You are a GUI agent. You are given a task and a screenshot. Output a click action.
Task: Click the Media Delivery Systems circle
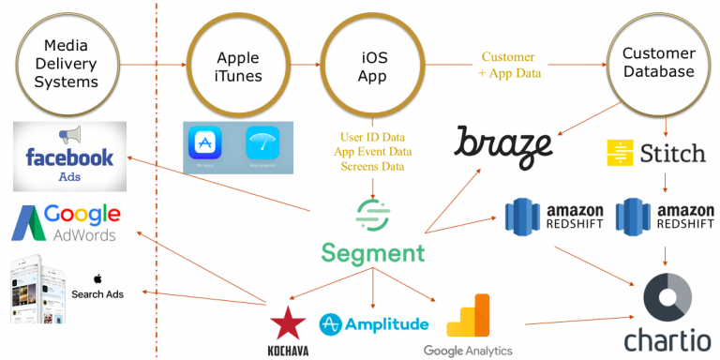click(67, 64)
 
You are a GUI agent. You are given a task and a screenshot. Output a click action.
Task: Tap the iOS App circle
click(372, 64)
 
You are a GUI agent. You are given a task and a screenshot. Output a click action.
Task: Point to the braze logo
click(503, 145)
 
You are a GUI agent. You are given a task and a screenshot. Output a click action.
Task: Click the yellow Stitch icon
click(619, 153)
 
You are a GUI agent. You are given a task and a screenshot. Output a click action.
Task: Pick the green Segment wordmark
click(372, 253)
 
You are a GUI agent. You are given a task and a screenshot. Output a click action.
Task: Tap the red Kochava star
click(288, 324)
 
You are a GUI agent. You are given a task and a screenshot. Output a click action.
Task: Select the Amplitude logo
click(374, 324)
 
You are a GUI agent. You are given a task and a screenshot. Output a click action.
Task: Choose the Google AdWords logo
click(66, 224)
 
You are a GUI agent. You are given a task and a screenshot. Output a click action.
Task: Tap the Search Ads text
click(97, 293)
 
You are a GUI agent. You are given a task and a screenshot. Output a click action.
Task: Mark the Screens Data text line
click(373, 167)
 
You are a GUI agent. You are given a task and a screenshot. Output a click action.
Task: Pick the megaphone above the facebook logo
click(67, 135)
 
